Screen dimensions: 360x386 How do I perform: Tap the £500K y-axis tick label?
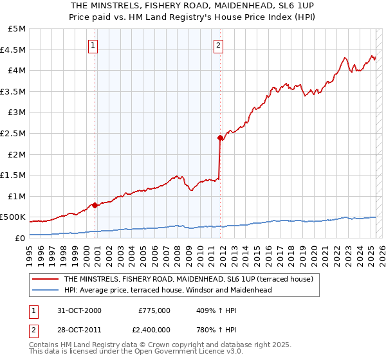pos(14,217)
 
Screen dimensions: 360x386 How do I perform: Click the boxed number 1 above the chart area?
pos(94,45)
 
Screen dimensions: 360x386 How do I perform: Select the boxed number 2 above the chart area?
pos(219,45)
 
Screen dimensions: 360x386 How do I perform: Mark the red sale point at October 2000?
pos(95,206)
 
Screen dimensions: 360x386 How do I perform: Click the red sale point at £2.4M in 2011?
pos(220,138)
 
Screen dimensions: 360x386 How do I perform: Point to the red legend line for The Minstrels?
pos(45,279)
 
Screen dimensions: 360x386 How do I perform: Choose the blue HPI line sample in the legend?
pos(45,290)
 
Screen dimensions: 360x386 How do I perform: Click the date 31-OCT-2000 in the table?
pos(79,310)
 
